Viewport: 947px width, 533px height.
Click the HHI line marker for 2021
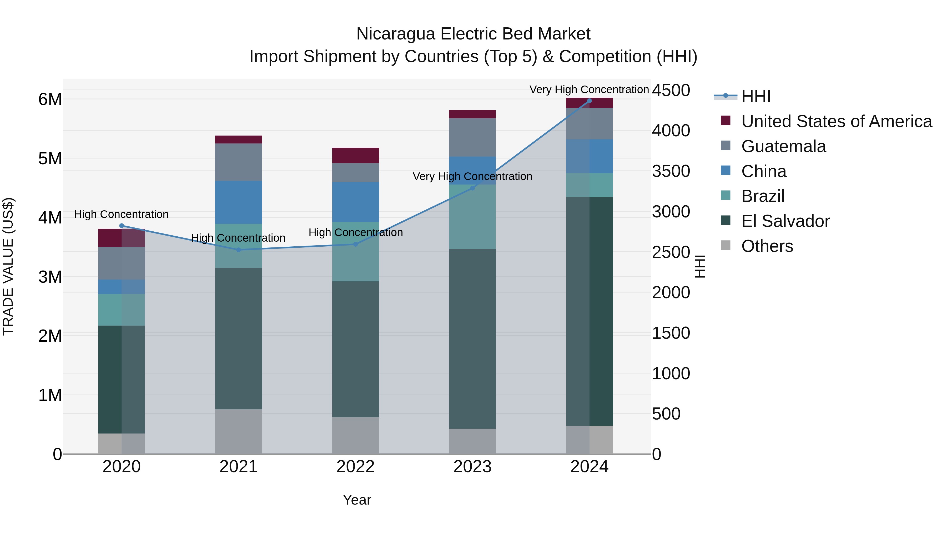[238, 250]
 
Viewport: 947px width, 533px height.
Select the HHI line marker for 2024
[589, 101]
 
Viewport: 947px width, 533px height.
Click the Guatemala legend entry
[783, 146]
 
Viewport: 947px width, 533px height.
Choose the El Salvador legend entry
[785, 221]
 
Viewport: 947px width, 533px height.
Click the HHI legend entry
[755, 96]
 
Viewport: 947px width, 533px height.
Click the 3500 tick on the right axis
[671, 171]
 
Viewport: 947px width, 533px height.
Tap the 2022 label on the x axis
[355, 467]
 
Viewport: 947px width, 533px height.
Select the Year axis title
[357, 500]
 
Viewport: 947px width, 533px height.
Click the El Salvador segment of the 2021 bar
[238, 338]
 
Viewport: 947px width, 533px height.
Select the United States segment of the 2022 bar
[355, 155]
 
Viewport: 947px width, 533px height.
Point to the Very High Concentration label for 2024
[589, 89]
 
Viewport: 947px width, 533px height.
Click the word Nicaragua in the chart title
[396, 34]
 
